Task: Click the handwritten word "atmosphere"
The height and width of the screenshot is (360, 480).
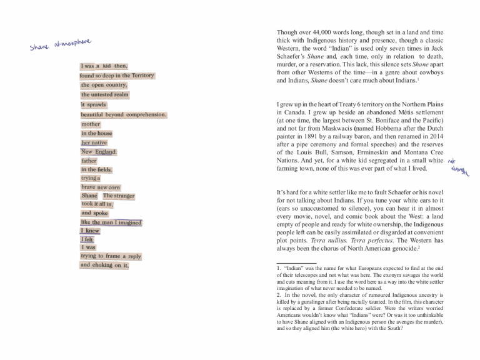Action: (74, 43)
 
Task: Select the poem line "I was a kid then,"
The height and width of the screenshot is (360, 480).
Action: (104, 66)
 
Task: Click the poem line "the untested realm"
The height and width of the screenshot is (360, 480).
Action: (104, 95)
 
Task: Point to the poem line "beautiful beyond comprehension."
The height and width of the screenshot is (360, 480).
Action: (123, 115)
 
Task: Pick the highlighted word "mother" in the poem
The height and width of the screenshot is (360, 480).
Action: (90, 124)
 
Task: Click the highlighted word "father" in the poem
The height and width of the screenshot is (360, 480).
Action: (89, 161)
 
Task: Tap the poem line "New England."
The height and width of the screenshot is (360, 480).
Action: (99, 152)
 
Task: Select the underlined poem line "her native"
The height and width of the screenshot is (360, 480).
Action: (94, 142)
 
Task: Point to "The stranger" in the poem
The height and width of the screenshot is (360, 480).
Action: (119, 196)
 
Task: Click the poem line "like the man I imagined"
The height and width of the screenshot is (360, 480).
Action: (111, 222)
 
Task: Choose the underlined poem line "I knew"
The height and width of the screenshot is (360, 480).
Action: (90, 231)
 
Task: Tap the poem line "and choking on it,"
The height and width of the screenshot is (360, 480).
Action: (104, 265)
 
